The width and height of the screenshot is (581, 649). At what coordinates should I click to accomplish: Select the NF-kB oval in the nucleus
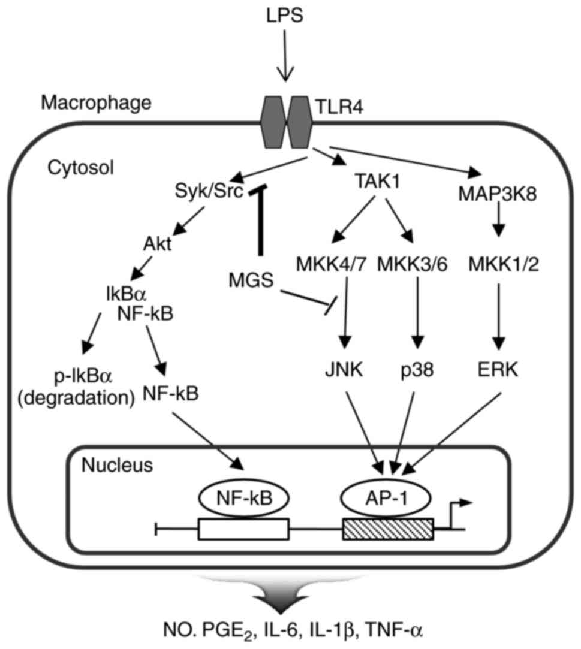[x=244, y=497]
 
